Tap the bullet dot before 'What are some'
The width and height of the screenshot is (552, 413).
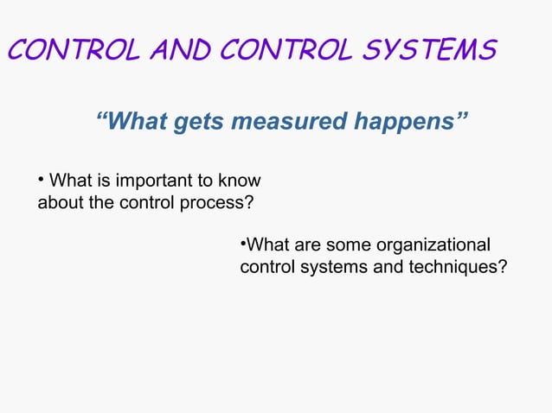[243, 244]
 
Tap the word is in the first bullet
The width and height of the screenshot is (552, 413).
[97, 181]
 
